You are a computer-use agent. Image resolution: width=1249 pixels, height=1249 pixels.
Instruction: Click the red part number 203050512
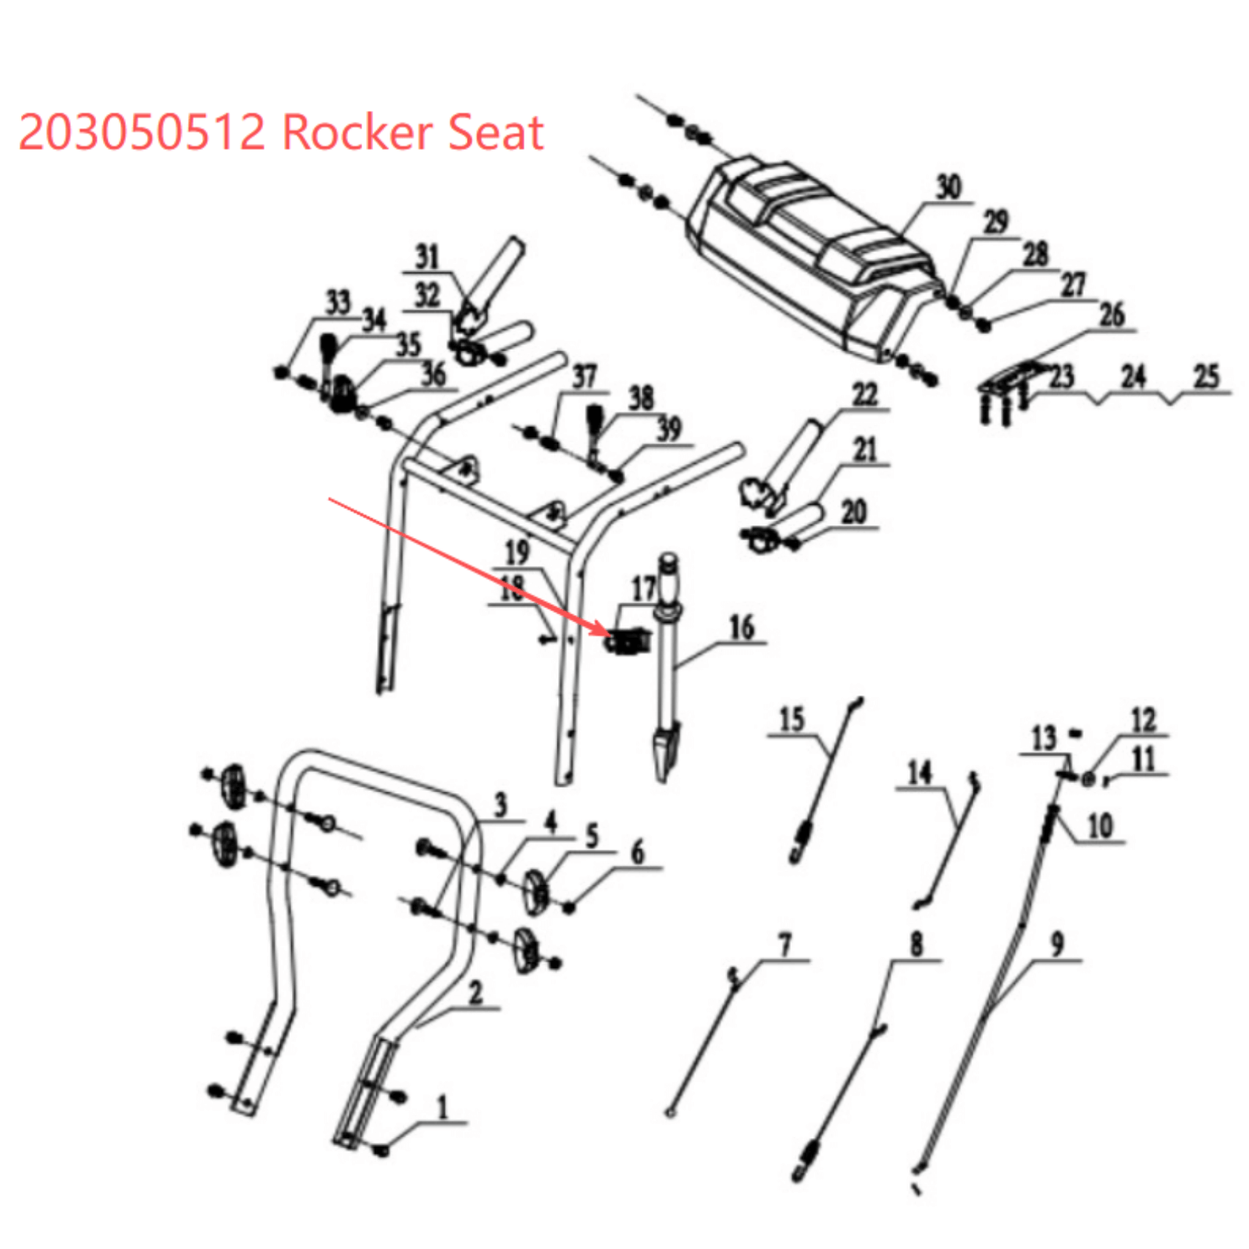(141, 132)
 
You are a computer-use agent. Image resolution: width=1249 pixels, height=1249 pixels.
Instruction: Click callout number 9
(1057, 944)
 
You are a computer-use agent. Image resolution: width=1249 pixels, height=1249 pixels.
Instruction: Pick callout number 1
(442, 1106)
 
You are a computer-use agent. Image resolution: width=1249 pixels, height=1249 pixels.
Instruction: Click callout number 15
(792, 719)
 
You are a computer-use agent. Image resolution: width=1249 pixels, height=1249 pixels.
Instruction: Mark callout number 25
(1206, 376)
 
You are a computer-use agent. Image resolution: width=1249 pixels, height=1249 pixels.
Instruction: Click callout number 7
(785, 945)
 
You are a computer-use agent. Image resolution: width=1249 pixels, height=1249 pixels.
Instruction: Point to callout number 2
(475, 993)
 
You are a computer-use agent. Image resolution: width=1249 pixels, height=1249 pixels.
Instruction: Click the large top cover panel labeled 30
(812, 258)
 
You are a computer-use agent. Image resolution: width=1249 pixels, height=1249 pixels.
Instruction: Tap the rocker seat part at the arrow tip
(629, 642)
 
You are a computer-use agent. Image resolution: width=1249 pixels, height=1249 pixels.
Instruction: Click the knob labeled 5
(536, 889)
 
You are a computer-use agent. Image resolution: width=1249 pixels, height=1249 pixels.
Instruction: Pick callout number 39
(669, 429)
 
